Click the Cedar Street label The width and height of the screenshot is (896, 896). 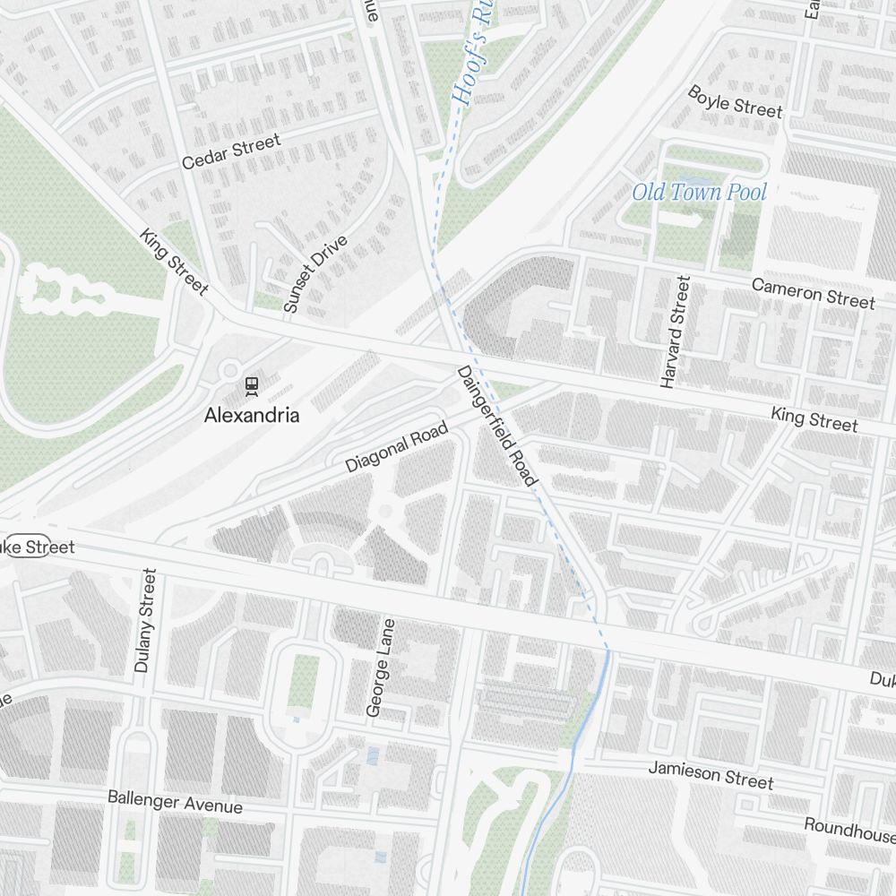pos(230,151)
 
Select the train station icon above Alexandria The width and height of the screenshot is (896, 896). pos(251,385)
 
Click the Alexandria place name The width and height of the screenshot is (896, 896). pos(252,416)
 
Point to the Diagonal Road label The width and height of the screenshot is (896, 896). pos(396,449)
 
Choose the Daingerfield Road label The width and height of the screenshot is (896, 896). pos(496,426)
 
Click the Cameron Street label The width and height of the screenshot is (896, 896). pos(813,293)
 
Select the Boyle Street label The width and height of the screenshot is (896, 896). pos(735,101)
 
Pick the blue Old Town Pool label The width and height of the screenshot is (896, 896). pos(700,192)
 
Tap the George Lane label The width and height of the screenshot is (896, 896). pos(381,668)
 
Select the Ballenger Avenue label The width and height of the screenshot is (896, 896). pos(175,800)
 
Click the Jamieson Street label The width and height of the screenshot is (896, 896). pos(711,774)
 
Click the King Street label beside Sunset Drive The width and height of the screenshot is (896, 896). pos(174,262)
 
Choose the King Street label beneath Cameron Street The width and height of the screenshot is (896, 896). pos(814,418)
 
